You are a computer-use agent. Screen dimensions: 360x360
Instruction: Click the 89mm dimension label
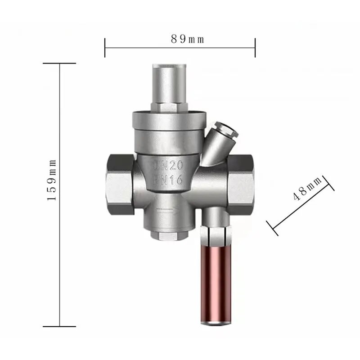(187, 39)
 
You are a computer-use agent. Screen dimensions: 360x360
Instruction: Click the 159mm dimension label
(52, 180)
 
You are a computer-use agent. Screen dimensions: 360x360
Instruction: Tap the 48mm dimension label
(308, 189)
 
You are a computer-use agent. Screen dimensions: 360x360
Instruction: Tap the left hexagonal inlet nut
(120, 184)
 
